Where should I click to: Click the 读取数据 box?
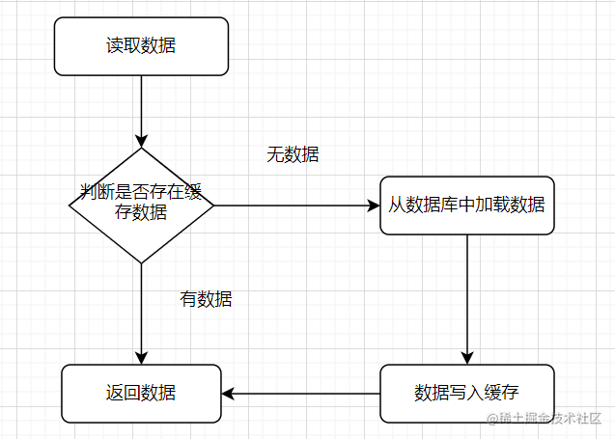tap(141, 45)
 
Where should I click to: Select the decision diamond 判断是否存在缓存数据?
tap(141, 205)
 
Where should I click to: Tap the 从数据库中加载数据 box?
tap(466, 205)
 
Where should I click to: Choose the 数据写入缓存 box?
tap(466, 393)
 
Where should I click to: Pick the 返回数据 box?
tap(141, 393)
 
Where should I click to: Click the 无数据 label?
tap(293, 154)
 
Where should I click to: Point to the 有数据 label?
tap(206, 299)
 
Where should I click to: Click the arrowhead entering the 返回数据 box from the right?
tap(227, 393)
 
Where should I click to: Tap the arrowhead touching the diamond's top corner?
tap(141, 141)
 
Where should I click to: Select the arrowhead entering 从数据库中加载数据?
tap(374, 206)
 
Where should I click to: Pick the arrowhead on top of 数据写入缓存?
tap(466, 358)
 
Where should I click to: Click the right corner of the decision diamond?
tap(212, 206)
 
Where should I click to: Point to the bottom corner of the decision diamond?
tap(141, 262)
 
